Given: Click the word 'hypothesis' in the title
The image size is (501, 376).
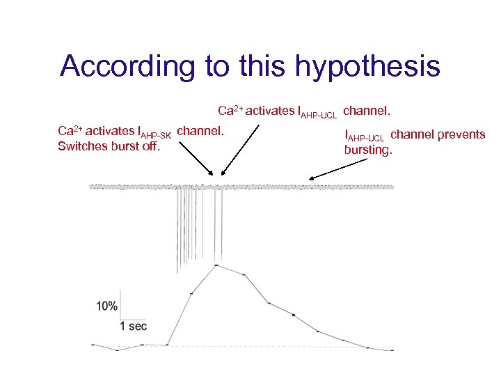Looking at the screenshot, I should [x=367, y=68].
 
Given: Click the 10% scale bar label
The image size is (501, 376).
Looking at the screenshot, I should [x=106, y=306].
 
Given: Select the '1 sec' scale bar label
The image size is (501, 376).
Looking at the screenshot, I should [x=134, y=326].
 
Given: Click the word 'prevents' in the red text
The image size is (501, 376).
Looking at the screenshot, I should [x=463, y=134].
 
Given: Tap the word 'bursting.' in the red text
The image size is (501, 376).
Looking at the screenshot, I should [x=369, y=149].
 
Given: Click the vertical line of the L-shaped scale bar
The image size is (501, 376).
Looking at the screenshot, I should [x=121, y=311].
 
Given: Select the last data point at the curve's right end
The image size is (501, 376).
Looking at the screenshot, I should [x=392, y=350].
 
